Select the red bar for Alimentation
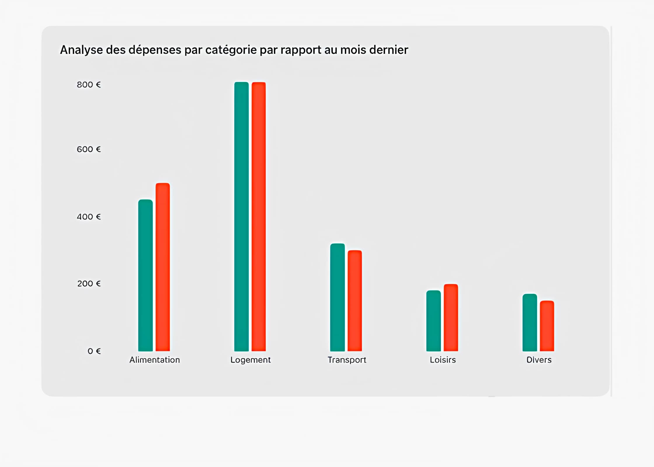click(x=163, y=267)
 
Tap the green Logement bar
click(x=241, y=217)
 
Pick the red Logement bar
click(x=259, y=217)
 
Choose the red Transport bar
click(x=355, y=301)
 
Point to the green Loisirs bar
click(x=434, y=321)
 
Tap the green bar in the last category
click(x=530, y=323)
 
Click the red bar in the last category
click(x=547, y=326)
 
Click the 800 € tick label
click(x=89, y=85)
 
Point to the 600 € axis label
click(x=89, y=149)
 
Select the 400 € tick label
click(x=89, y=217)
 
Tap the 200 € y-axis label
click(x=89, y=284)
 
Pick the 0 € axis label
click(x=94, y=351)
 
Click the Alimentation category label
click(x=154, y=360)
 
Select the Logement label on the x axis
click(x=251, y=360)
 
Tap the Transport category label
click(x=347, y=360)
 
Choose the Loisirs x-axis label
click(x=443, y=360)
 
